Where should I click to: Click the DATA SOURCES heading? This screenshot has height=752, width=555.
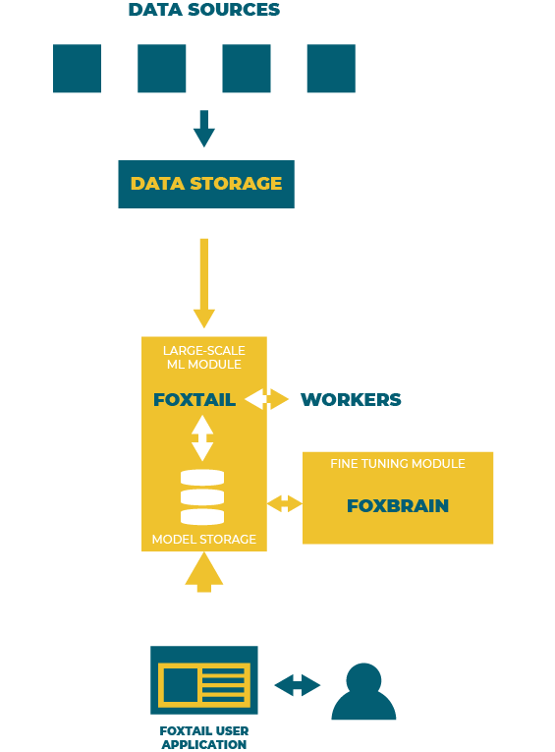(x=204, y=10)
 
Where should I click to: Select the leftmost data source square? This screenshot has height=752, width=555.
(x=78, y=68)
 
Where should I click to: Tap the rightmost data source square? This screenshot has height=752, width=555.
(x=331, y=68)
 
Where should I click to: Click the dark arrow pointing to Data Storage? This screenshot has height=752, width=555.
(x=204, y=129)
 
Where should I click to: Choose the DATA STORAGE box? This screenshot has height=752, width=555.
(x=206, y=184)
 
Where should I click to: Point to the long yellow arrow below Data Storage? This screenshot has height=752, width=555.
(x=204, y=283)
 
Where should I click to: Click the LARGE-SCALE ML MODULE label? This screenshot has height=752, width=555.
(x=204, y=357)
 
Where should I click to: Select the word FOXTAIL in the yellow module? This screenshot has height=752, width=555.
(x=194, y=399)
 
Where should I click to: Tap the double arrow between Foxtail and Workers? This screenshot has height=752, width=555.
(x=266, y=399)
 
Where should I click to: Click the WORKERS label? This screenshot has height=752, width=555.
(x=351, y=399)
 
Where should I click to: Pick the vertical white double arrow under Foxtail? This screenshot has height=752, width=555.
(x=202, y=437)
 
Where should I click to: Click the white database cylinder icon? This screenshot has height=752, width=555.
(x=202, y=496)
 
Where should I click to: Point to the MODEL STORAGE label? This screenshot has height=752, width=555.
(x=204, y=539)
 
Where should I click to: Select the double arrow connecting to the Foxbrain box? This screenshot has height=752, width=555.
(x=285, y=503)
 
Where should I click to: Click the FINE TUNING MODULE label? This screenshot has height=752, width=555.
(x=398, y=463)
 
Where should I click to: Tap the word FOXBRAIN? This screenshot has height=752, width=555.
(x=398, y=505)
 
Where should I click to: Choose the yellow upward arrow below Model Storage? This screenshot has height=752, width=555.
(x=204, y=572)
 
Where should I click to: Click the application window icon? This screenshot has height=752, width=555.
(x=204, y=680)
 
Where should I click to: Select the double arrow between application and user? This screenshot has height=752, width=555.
(x=298, y=685)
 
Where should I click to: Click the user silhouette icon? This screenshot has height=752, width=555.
(x=363, y=691)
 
